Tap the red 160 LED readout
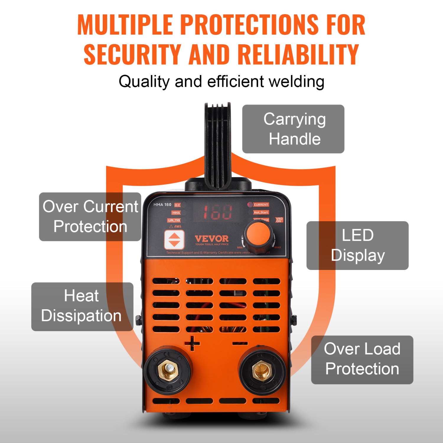[216, 212]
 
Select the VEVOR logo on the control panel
[211, 239]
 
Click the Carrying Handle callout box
[293, 129]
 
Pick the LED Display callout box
[357, 245]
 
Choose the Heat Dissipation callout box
[82, 306]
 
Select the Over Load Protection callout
[362, 359]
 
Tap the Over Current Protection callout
[90, 216]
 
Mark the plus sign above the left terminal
[192, 343]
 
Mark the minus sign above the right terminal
[240, 343]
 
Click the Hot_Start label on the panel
[261, 212]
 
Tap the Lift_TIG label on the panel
[174, 220]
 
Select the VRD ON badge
[279, 220]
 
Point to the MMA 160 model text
[162, 204]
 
